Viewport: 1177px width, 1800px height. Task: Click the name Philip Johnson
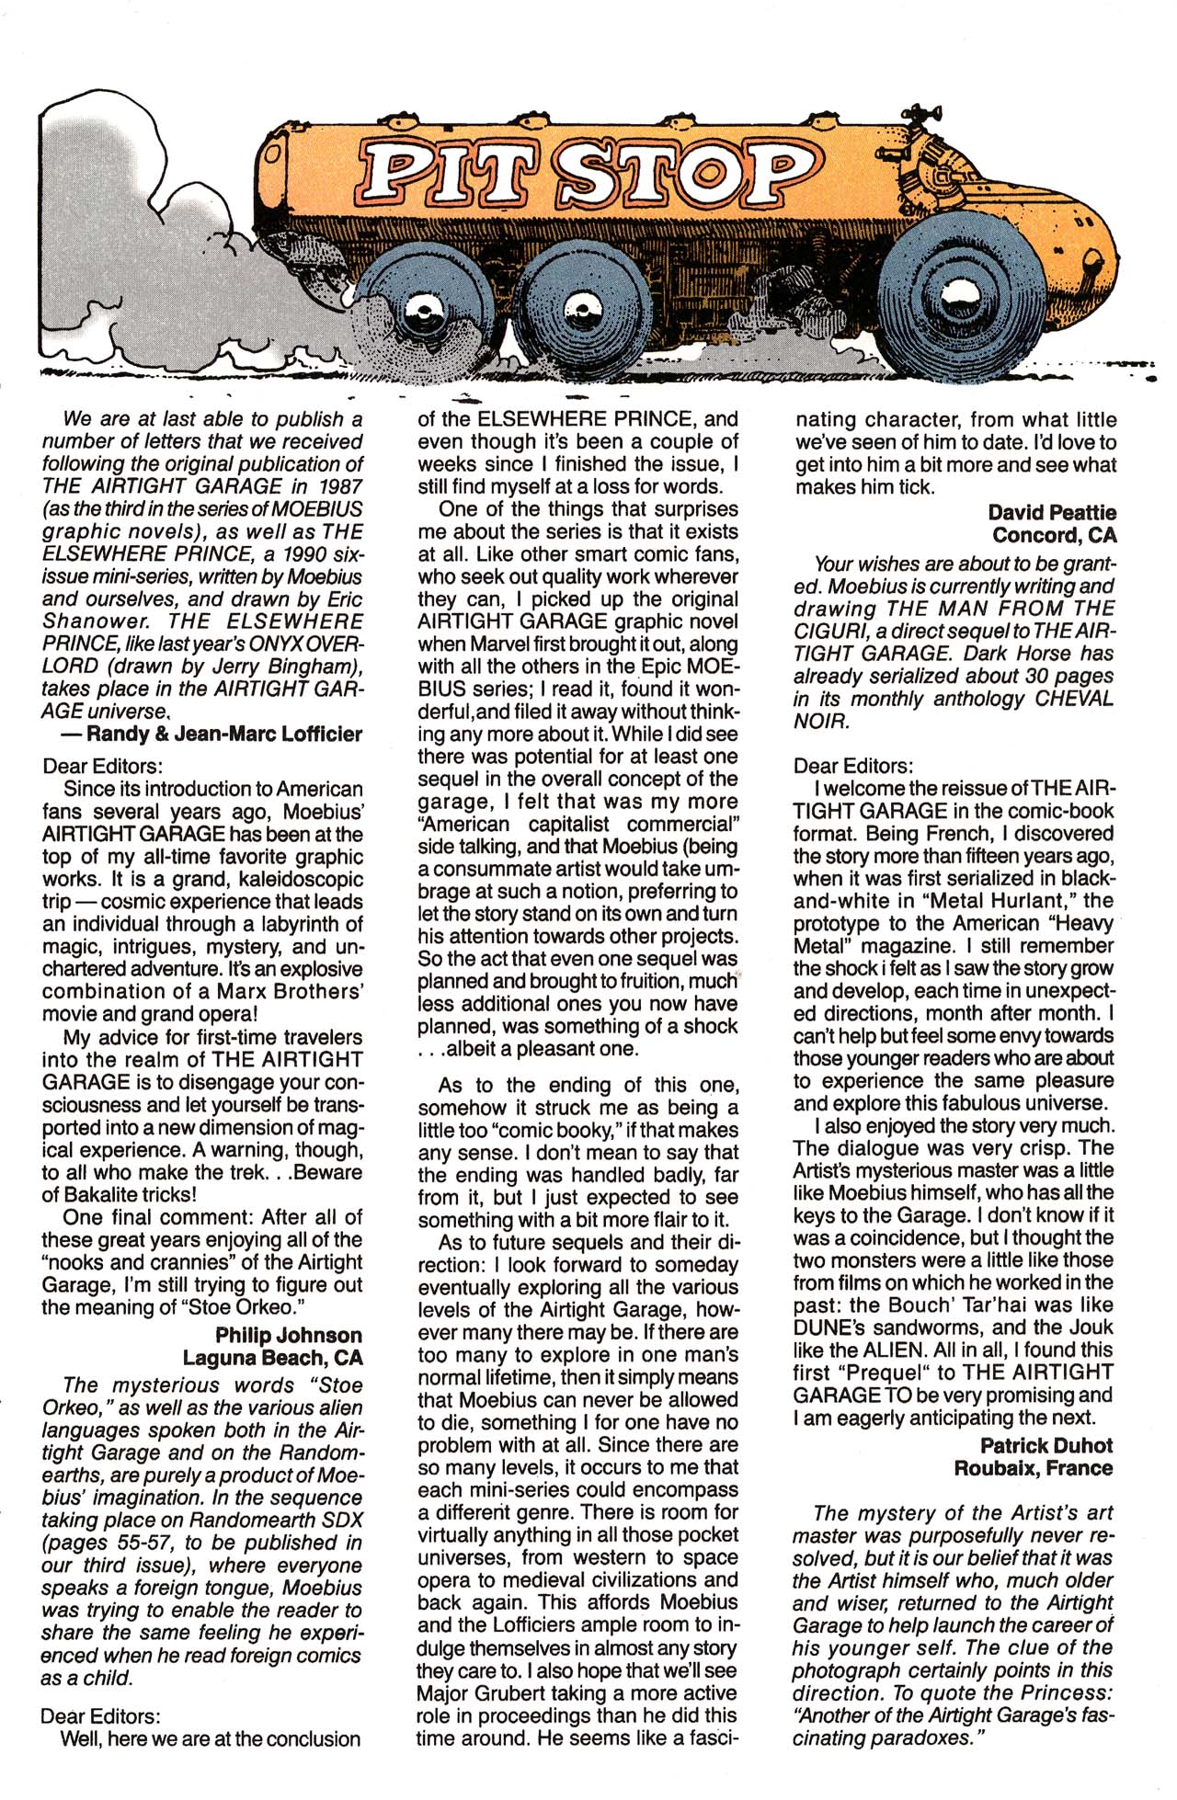(288, 1335)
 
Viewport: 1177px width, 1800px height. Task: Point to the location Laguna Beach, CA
(272, 1358)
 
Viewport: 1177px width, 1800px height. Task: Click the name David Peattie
(1052, 512)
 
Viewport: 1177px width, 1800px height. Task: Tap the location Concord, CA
(1054, 535)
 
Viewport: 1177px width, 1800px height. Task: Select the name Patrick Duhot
(1046, 1445)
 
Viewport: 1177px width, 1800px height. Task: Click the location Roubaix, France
(1033, 1468)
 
